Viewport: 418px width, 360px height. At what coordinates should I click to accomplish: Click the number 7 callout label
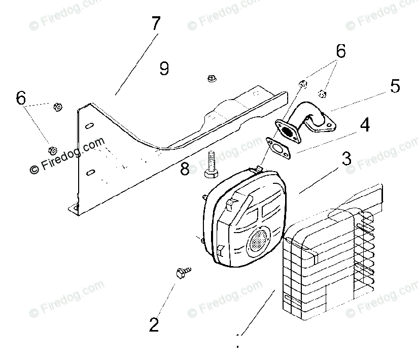click(155, 24)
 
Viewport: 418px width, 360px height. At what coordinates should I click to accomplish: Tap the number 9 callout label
click(164, 68)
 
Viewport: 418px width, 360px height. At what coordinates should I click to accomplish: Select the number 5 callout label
click(395, 86)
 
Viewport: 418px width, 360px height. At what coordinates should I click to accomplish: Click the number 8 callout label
click(185, 169)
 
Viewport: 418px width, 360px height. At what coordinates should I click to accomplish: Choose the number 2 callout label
click(154, 324)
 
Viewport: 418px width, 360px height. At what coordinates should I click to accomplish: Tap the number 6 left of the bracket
click(21, 98)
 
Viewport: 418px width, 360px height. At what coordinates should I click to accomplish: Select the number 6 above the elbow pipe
click(340, 51)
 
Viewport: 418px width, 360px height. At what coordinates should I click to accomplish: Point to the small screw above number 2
click(182, 273)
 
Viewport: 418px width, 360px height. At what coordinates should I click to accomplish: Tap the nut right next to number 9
click(211, 78)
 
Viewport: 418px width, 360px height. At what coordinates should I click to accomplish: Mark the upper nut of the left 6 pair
click(57, 107)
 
